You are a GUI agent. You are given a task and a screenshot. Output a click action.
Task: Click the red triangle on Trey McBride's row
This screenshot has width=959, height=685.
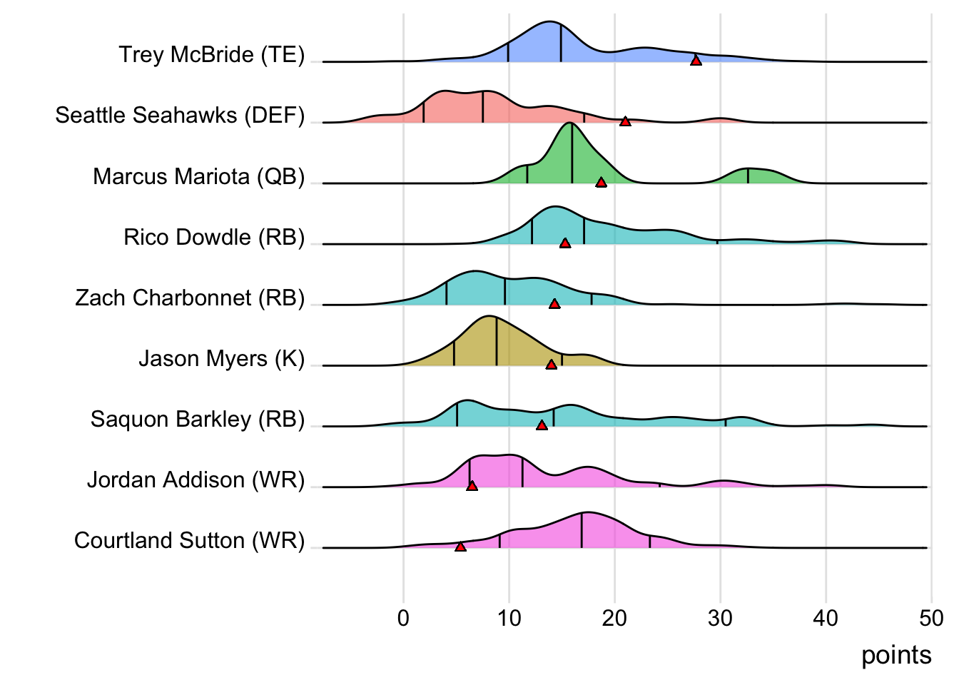[x=696, y=61]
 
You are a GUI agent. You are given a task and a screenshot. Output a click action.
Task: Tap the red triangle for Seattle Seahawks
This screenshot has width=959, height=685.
[x=625, y=121]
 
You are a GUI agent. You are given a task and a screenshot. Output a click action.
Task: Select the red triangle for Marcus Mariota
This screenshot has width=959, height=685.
[x=601, y=183]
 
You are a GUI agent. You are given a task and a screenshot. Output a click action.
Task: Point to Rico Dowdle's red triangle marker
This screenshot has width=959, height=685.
[x=565, y=243]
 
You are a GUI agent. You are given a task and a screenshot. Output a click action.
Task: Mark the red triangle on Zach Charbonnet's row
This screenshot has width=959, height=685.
[x=554, y=304]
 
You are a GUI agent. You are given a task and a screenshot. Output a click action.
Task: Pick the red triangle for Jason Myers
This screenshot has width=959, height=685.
[x=551, y=365]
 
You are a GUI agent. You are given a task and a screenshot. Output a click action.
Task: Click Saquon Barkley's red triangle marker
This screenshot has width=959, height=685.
[x=542, y=425]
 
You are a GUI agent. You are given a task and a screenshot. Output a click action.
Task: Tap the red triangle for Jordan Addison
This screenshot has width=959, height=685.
[x=472, y=486]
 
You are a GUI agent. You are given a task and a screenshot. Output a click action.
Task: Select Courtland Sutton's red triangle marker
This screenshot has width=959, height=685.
[x=460, y=547]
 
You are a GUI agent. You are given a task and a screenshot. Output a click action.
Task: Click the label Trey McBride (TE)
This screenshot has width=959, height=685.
[x=212, y=55]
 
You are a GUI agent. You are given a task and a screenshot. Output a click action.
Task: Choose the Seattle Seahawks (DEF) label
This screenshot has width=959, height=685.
[x=180, y=116]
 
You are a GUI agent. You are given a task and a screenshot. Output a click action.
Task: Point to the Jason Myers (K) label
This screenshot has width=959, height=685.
[x=222, y=358]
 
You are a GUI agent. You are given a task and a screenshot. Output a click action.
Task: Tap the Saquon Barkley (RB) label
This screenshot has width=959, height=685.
[x=198, y=420]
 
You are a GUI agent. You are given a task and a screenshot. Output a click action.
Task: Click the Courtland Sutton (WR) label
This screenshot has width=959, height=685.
[x=189, y=541]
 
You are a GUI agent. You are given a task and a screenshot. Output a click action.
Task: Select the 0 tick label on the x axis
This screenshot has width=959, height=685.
[x=404, y=618]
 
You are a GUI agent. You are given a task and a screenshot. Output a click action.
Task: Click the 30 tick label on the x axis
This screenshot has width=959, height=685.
[x=720, y=618]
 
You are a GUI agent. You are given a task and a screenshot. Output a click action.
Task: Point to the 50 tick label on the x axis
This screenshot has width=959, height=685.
[x=931, y=618]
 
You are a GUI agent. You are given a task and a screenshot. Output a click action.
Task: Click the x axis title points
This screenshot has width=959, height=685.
[x=896, y=655]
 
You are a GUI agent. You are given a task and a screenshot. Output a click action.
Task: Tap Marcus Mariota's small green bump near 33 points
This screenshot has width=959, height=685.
[x=749, y=176]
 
